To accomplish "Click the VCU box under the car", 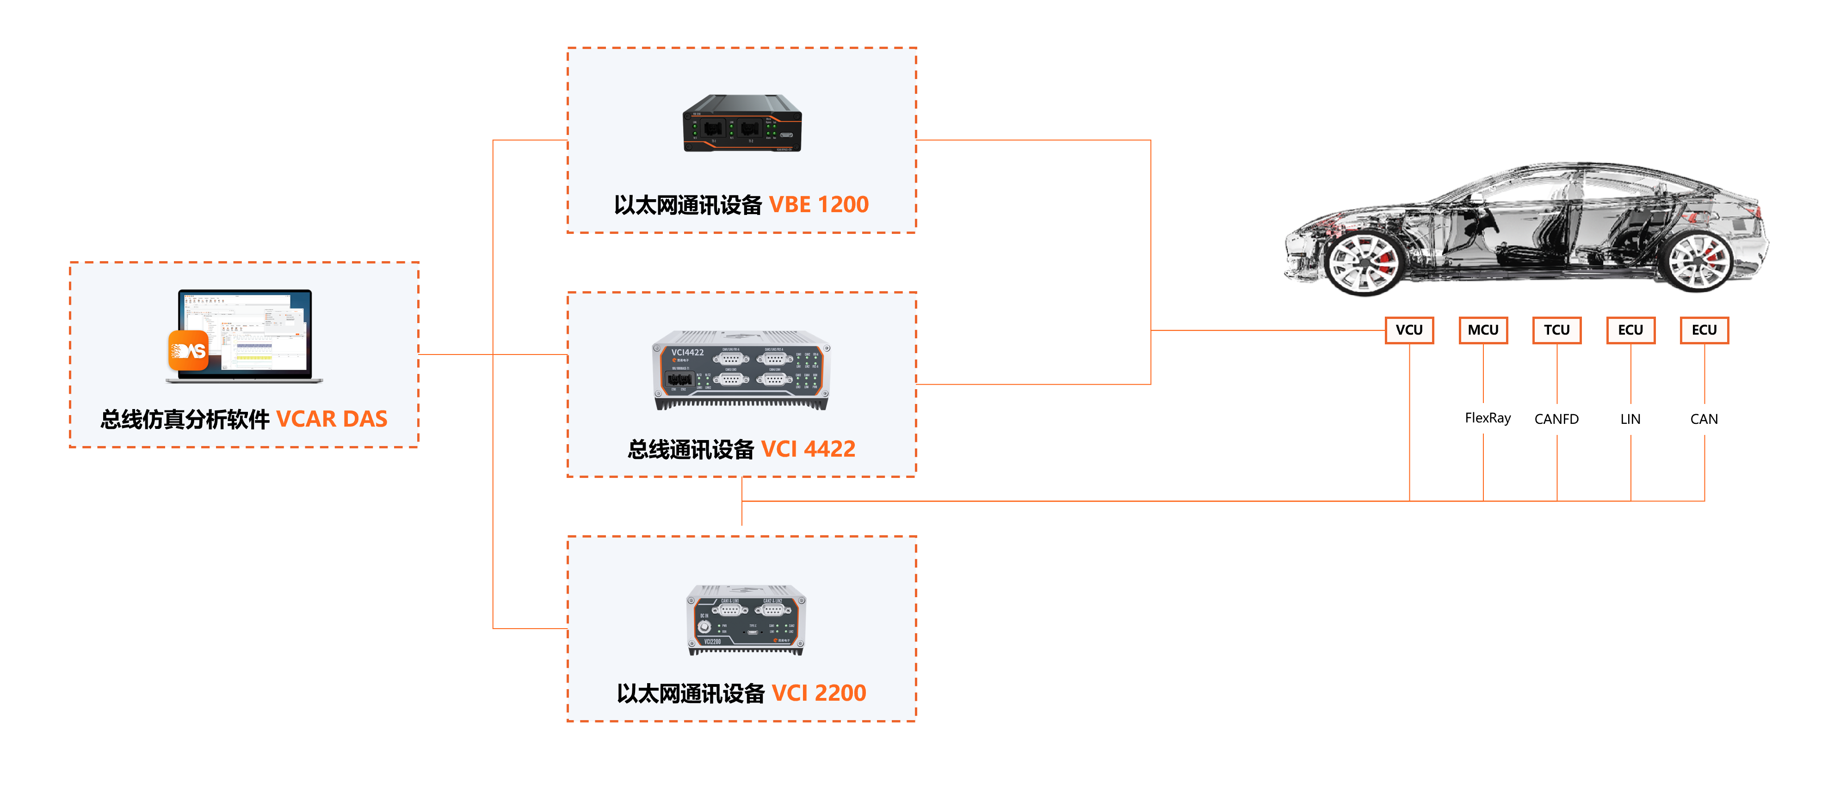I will tap(1408, 330).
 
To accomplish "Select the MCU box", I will tap(1483, 330).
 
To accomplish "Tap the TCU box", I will tap(1556, 330).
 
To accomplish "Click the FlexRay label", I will tap(1487, 418).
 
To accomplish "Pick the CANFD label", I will tap(1556, 419).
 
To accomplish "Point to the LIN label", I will tap(1630, 419).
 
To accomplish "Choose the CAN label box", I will tap(1704, 419).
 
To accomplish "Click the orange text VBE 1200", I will tap(819, 205).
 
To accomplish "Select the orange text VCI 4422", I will tap(808, 449).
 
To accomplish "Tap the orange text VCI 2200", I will tap(819, 693).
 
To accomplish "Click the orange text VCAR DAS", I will tap(332, 419).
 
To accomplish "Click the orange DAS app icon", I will tap(188, 350).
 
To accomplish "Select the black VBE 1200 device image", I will tap(742, 123).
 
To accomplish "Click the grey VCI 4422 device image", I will tap(741, 370).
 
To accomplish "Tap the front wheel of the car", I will tap(1361, 262).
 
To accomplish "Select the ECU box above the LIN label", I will tap(1630, 330).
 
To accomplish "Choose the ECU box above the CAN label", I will tap(1704, 330).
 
